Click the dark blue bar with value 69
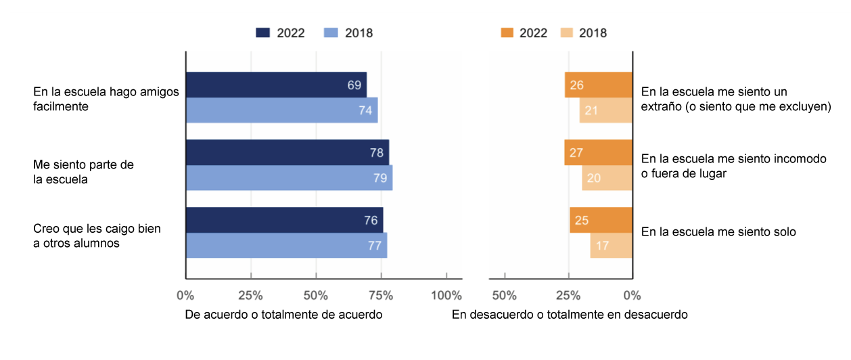point(276,85)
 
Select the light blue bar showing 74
point(281,110)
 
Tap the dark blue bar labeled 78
point(287,153)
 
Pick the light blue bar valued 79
point(289,178)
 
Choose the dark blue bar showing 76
point(284,221)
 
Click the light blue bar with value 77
point(286,246)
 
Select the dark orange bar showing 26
point(599,85)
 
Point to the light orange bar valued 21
point(605,110)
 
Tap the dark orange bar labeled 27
point(598,153)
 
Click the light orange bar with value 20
point(607,178)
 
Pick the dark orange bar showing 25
point(601,221)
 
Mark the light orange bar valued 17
point(611,246)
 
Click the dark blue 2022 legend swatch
point(263,33)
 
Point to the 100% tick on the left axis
point(446,296)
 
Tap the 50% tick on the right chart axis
point(505,296)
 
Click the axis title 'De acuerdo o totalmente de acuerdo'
point(284,315)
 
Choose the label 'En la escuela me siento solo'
point(718,232)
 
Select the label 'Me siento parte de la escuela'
point(85,172)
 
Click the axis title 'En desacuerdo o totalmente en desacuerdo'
point(570,315)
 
